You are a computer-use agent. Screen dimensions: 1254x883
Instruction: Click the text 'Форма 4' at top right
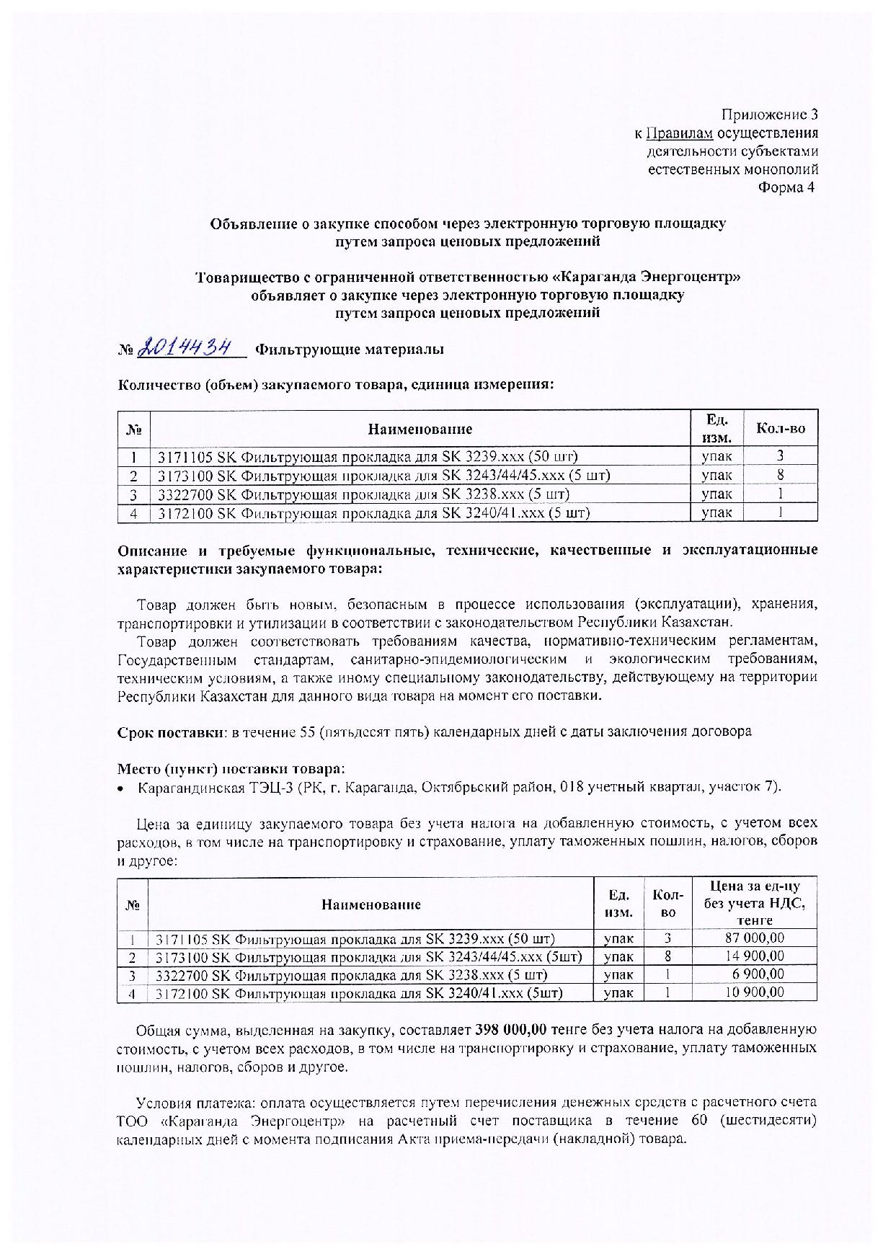[789, 188]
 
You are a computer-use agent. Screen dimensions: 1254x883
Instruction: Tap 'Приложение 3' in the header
[770, 115]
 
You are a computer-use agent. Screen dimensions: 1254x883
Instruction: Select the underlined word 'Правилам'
[680, 133]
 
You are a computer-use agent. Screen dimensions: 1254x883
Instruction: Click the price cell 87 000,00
[754, 938]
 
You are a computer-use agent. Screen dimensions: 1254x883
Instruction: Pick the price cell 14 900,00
[754, 956]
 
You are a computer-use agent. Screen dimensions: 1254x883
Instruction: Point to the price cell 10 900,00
[754, 992]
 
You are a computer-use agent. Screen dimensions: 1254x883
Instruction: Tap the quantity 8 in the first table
[781, 475]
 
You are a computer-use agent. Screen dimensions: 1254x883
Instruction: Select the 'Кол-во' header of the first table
[781, 430]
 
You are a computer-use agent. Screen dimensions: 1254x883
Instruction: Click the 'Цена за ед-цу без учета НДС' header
[754, 903]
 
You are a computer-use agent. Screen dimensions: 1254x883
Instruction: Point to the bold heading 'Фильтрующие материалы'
[350, 350]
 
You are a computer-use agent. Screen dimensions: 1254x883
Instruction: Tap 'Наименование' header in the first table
[420, 430]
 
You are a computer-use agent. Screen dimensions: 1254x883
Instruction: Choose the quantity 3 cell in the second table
[668, 938]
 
